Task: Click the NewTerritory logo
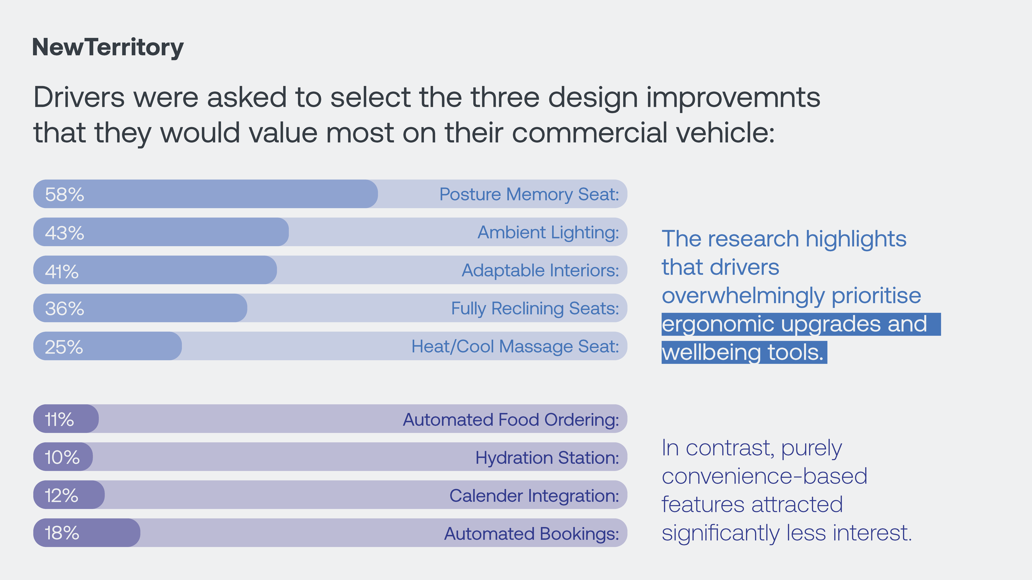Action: pyautogui.click(x=108, y=48)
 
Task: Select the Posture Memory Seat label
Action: pyautogui.click(x=529, y=194)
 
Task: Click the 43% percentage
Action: pyautogui.click(x=64, y=233)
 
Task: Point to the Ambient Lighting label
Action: pyautogui.click(x=548, y=233)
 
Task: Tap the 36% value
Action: pyautogui.click(x=64, y=309)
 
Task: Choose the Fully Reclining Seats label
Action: pyautogui.click(x=535, y=309)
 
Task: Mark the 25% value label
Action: pyautogui.click(x=64, y=347)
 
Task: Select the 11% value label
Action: pyautogui.click(x=59, y=420)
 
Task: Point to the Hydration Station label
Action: pyautogui.click(x=547, y=458)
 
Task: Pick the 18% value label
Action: pyautogui.click(x=62, y=533)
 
